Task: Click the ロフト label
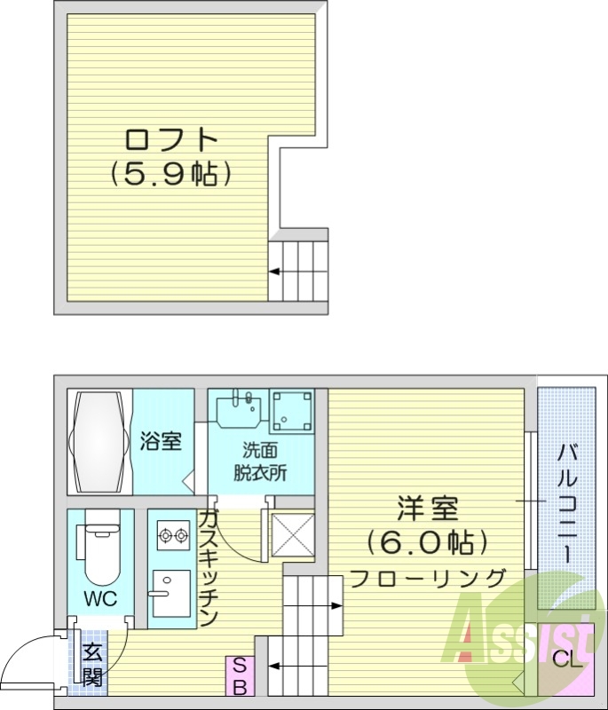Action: tap(171, 140)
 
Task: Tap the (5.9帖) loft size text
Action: tap(171, 174)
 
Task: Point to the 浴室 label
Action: tap(162, 441)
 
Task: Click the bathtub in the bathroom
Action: tap(99, 441)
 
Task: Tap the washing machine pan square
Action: tap(291, 410)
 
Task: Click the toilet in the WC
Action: tap(99, 546)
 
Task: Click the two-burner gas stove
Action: tap(172, 536)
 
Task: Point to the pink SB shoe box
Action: tap(239, 675)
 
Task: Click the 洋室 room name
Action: tap(427, 509)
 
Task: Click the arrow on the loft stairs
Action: tap(277, 272)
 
